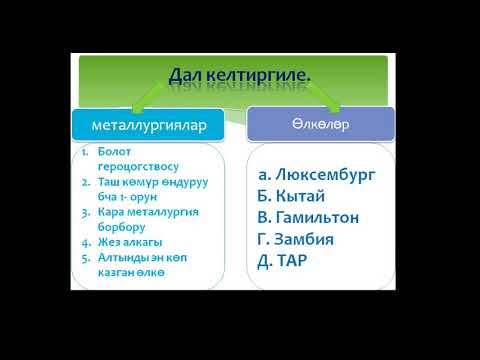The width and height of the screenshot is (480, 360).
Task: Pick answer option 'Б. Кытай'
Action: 291,196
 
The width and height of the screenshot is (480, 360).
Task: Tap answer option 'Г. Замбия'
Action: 298,239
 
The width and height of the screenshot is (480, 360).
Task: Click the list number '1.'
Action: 86,150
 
